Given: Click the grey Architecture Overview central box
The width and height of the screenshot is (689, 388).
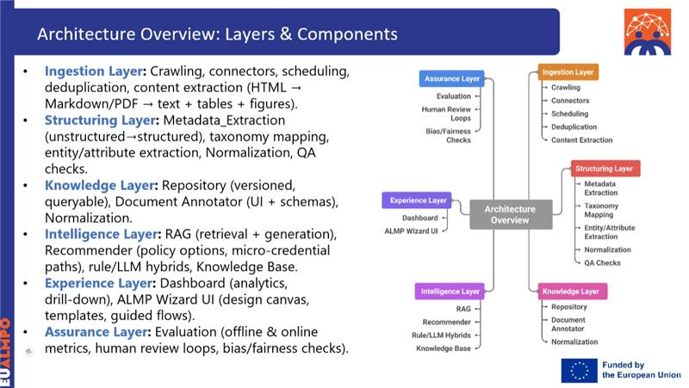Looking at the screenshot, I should tap(509, 214).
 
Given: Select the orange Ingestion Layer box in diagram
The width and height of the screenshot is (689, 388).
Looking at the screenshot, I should tap(568, 72).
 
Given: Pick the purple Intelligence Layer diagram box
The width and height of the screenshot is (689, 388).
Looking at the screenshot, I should tap(450, 292).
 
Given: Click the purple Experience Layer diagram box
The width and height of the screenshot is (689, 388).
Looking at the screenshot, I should tap(417, 200).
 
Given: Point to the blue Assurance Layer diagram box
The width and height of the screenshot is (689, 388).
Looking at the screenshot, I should tap(453, 79).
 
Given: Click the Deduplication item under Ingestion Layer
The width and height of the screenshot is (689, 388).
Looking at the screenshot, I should tap(574, 126).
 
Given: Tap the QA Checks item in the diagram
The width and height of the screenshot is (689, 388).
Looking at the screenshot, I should tap(602, 262).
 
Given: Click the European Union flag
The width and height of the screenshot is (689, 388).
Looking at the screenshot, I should tap(579, 370).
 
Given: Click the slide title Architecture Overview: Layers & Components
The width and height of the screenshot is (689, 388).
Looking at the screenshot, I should tap(217, 35).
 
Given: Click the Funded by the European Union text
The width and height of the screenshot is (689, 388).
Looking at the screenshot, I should tap(641, 370).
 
